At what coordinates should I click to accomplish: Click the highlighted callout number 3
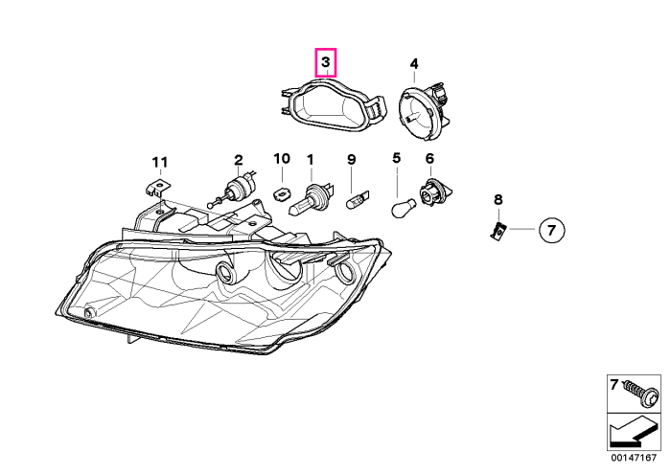tap(326, 62)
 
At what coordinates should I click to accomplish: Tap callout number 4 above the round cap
tap(414, 64)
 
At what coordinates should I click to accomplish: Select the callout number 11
tap(160, 163)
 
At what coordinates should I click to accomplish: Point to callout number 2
tap(239, 160)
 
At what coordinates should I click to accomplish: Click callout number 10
tap(282, 159)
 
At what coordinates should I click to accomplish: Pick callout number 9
tap(351, 160)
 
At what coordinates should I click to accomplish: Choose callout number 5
tap(396, 158)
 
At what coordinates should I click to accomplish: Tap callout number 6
tap(429, 159)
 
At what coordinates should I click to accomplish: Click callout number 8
tap(498, 199)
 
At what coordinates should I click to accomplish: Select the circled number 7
tap(551, 230)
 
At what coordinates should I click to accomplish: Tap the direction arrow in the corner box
tap(633, 433)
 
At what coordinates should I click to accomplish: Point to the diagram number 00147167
tap(634, 458)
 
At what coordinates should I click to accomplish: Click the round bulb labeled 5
tap(404, 208)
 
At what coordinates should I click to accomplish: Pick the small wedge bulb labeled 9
tap(356, 200)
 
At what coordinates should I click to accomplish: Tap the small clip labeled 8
tap(497, 231)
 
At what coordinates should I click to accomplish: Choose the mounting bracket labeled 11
tap(155, 188)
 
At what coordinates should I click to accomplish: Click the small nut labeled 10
tap(280, 193)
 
